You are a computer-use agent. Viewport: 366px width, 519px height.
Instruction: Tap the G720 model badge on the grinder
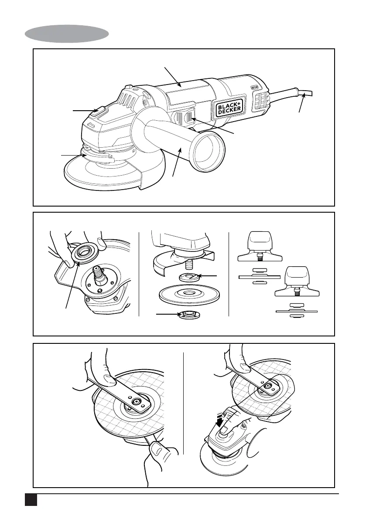coord(256,87)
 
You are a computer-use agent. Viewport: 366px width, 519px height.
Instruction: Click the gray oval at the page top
coord(67,34)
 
